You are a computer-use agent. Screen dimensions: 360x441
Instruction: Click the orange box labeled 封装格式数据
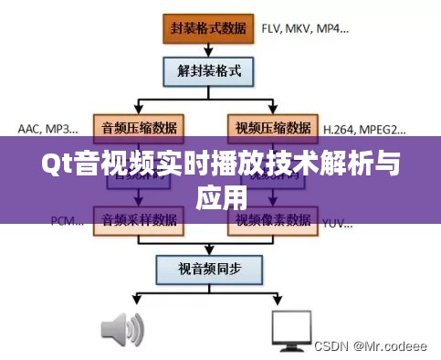[207, 27]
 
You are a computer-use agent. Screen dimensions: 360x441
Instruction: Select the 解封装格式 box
[207, 69]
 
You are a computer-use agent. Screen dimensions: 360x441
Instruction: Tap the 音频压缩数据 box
[140, 126]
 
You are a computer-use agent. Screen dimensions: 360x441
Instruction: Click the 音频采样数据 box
[140, 220]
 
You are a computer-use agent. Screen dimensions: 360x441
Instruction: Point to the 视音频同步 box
[207, 269]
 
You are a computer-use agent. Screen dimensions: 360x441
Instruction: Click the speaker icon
[121, 331]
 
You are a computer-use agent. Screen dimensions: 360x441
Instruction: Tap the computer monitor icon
[294, 331]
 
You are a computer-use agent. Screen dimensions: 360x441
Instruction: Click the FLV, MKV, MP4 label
[305, 28]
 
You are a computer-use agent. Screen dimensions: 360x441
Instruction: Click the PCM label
[63, 220]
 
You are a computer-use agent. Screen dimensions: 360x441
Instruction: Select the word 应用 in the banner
[221, 196]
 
